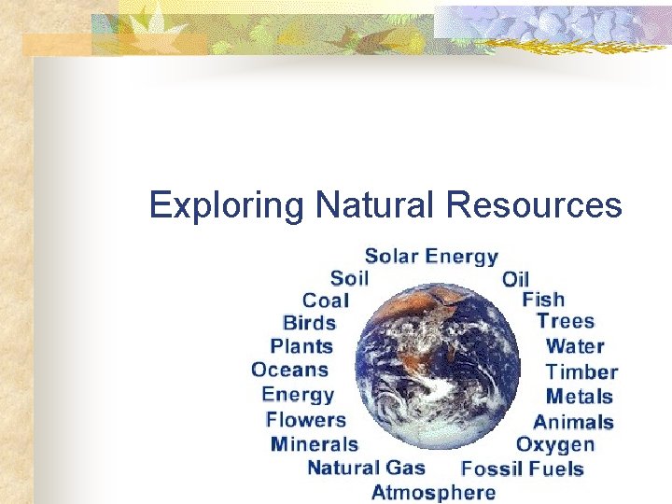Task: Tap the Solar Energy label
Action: pyautogui.click(x=431, y=256)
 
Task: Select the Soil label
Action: pyautogui.click(x=350, y=277)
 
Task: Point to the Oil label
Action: pyautogui.click(x=515, y=279)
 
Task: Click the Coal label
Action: pyautogui.click(x=326, y=301)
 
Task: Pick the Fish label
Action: pyautogui.click(x=543, y=300)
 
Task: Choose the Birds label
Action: pyautogui.click(x=309, y=323)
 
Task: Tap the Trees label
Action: pyautogui.click(x=566, y=321)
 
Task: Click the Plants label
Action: pyautogui.click(x=301, y=346)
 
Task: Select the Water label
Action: pyautogui.click(x=575, y=346)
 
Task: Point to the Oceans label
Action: pyautogui.click(x=290, y=370)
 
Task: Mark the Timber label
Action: pyautogui.click(x=581, y=371)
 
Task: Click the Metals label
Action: pyautogui.click(x=580, y=397)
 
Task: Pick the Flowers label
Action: pyautogui.click(x=305, y=420)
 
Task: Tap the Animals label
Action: pyautogui.click(x=573, y=422)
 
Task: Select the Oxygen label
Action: pyautogui.click(x=555, y=445)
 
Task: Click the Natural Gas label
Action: pyautogui.click(x=366, y=468)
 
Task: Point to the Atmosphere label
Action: pyautogui.click(x=433, y=491)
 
